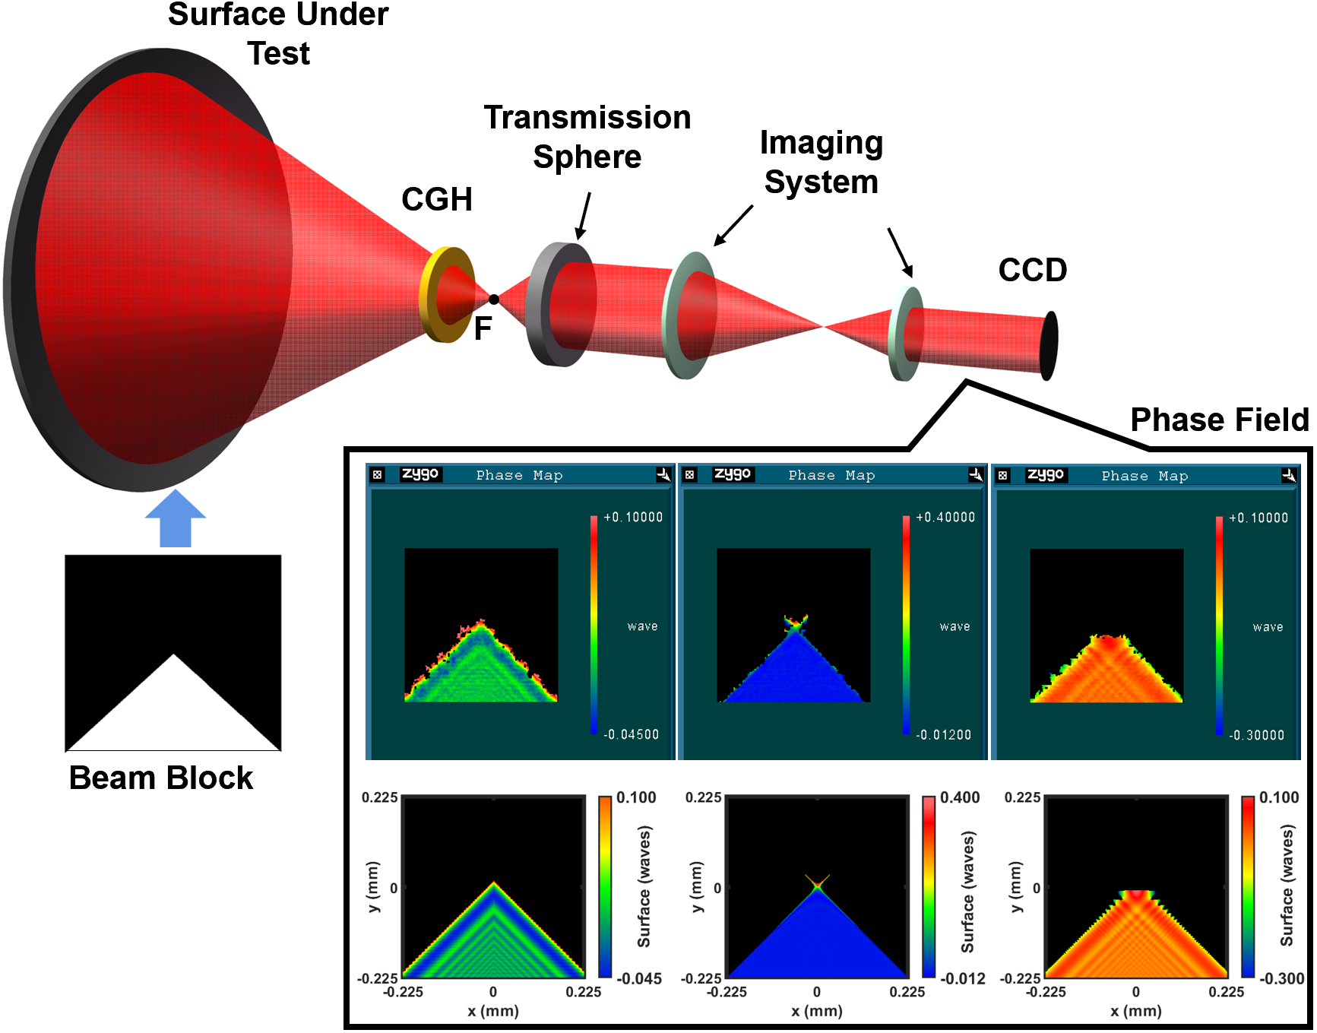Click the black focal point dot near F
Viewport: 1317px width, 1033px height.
(x=494, y=299)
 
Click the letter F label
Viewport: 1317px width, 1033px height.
(x=483, y=328)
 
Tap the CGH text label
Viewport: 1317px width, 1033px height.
(x=437, y=200)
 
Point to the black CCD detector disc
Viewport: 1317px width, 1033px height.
(x=1049, y=345)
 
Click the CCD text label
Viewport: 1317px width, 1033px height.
(x=1032, y=271)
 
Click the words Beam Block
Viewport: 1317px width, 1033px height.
(x=161, y=778)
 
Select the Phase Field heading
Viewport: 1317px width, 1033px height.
(x=1219, y=420)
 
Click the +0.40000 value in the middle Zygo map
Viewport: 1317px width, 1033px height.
(x=945, y=518)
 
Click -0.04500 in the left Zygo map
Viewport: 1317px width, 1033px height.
(x=632, y=735)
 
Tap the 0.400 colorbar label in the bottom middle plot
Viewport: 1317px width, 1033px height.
(x=960, y=798)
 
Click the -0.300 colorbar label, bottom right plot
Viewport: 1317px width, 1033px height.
(x=1282, y=979)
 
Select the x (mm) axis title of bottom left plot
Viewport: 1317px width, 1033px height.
(x=493, y=1012)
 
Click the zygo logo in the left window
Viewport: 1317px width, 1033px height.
(x=420, y=475)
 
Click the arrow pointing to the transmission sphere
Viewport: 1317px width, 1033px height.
(x=584, y=217)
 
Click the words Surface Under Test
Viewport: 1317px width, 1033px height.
(x=278, y=34)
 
